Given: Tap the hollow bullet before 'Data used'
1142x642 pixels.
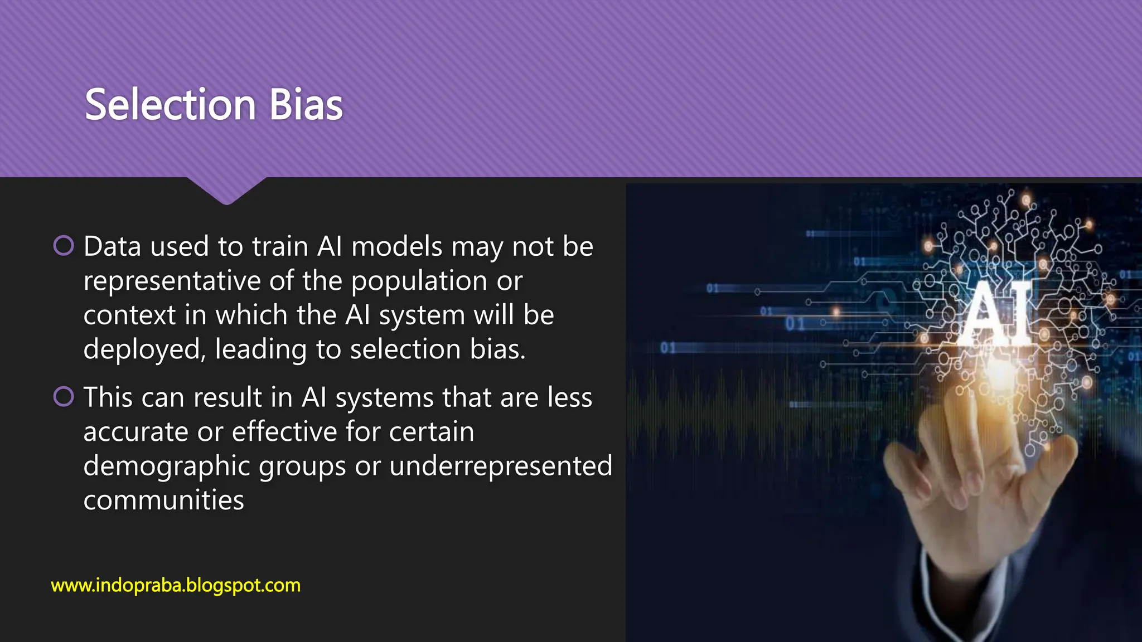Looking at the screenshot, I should coord(64,245).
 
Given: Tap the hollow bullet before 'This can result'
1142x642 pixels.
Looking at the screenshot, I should coord(64,397).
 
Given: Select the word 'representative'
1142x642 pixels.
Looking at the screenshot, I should coord(172,281).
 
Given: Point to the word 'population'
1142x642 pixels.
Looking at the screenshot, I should coord(419,281).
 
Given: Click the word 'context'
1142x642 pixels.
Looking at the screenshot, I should coord(129,315).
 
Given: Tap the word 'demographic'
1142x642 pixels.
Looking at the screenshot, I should coord(166,466).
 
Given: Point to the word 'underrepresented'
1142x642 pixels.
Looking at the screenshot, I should coord(500,466).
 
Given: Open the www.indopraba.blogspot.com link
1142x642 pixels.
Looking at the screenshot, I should coord(176,586).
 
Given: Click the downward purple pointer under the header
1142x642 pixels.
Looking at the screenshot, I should coord(226,191).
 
